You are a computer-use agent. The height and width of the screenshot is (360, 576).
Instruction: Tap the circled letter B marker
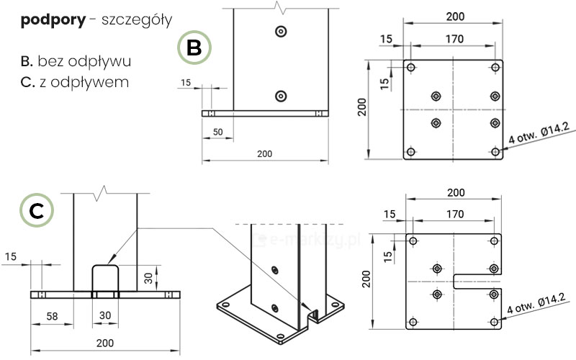[194, 48]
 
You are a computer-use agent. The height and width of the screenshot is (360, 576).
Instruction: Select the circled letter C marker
[38, 211]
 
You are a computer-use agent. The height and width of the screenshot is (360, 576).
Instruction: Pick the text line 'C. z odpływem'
[75, 82]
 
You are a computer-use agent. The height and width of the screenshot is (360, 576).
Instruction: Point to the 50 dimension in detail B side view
[218, 132]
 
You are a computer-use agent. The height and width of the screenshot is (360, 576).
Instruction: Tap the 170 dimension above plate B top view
[454, 40]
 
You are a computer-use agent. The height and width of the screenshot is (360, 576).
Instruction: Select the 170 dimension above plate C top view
[455, 214]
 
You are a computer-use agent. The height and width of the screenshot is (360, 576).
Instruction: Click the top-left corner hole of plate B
[411, 68]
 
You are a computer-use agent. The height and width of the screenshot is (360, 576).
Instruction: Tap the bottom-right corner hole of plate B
[495, 151]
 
